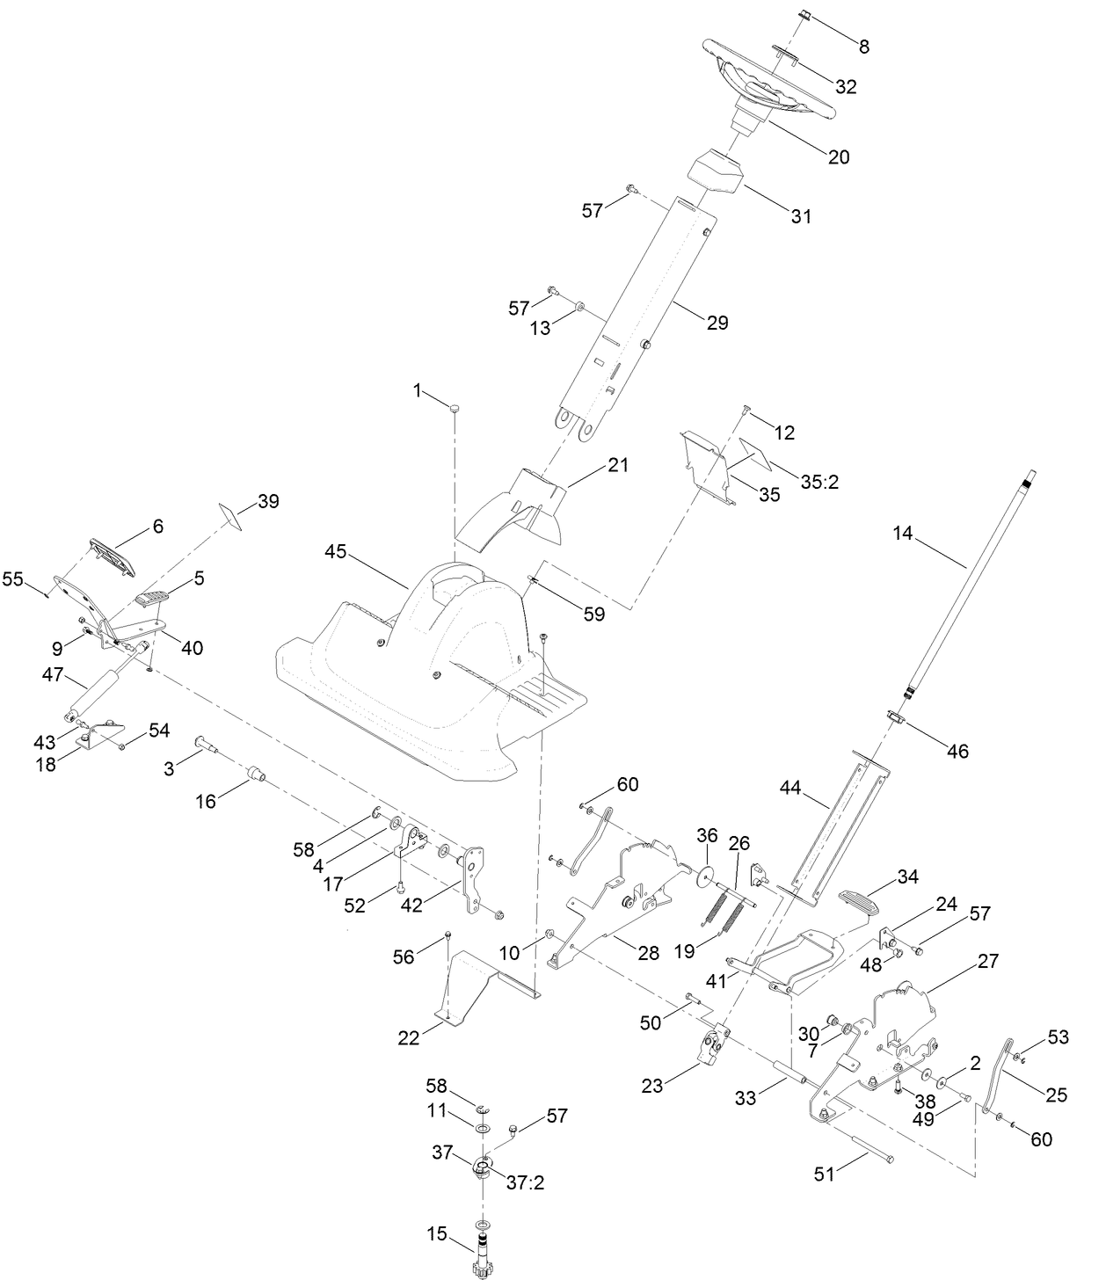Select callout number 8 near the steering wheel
point(863,47)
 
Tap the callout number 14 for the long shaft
point(904,533)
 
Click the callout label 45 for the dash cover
point(336,552)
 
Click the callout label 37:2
point(526,1182)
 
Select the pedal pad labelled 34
point(863,902)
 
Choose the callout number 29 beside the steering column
point(717,323)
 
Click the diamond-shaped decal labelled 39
point(231,514)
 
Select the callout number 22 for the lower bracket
point(408,1037)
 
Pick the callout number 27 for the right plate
point(988,961)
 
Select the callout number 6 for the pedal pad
point(158,526)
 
